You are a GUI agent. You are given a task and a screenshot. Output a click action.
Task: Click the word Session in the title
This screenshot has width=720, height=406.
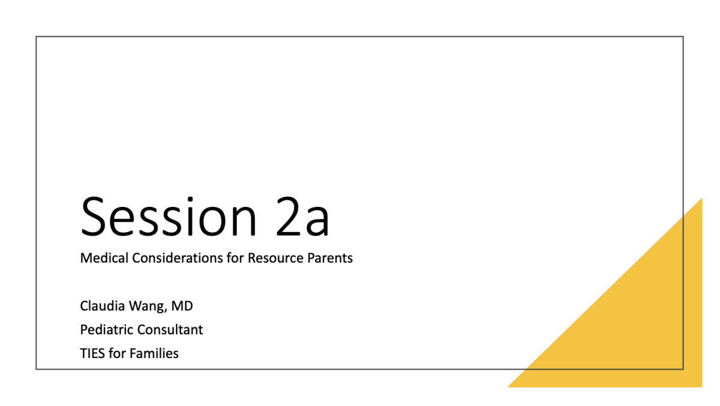[169, 216]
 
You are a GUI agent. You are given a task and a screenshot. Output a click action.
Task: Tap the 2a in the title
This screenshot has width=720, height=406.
[302, 216]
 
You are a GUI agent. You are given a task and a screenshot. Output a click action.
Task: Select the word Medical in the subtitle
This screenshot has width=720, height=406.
[104, 258]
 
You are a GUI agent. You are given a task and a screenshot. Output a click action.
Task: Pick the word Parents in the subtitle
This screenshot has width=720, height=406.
[330, 258]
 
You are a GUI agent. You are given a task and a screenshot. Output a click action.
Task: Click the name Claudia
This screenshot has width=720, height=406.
[102, 306]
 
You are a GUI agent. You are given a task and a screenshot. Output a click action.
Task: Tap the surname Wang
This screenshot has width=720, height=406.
[148, 306]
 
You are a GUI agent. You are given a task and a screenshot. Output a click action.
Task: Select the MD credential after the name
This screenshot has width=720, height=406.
[182, 306]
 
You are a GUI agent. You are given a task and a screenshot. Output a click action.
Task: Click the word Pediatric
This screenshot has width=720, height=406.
[107, 330]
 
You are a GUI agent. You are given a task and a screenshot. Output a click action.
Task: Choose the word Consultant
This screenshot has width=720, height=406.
[170, 330]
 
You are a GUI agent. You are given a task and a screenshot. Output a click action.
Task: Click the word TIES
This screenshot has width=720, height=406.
[92, 354]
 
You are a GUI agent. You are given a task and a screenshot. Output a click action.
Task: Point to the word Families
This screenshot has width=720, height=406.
[154, 353]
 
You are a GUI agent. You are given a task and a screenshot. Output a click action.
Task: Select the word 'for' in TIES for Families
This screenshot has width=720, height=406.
[117, 353]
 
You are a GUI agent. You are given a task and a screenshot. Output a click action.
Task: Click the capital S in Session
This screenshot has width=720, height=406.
[93, 216]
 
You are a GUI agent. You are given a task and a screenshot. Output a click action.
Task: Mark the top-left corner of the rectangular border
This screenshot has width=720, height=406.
[36, 37]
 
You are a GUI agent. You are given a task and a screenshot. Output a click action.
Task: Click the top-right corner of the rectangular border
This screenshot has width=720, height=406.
[683, 37]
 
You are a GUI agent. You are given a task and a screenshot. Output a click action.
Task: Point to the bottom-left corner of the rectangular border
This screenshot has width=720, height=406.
[36, 369]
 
